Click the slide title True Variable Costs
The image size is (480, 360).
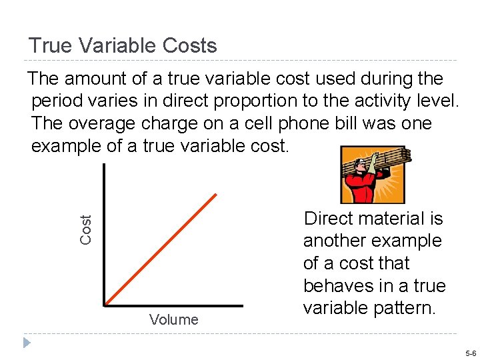123,46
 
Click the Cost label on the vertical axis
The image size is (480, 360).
86,229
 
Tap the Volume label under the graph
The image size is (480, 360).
174,320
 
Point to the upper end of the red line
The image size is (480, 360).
217,195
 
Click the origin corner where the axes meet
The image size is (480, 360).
105,306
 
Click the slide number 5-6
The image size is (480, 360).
471,353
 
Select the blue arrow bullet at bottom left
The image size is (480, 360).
25,343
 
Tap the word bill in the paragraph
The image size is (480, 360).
353,124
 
